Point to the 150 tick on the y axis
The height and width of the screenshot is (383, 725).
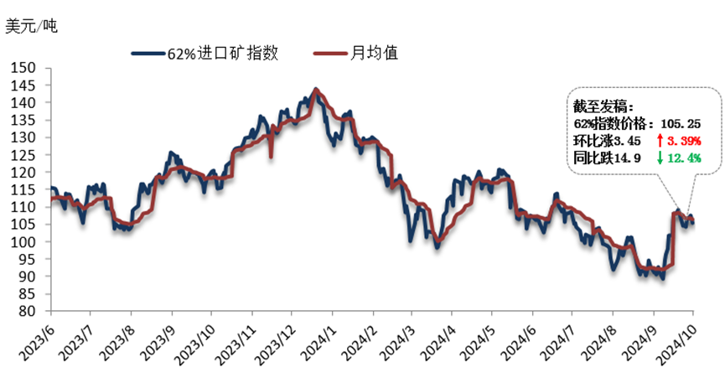tap(26, 68)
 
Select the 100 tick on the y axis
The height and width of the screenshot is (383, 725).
tap(26, 241)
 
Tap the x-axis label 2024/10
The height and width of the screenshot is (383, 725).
tap(676, 339)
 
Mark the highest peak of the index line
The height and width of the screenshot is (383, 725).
tap(315, 88)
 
